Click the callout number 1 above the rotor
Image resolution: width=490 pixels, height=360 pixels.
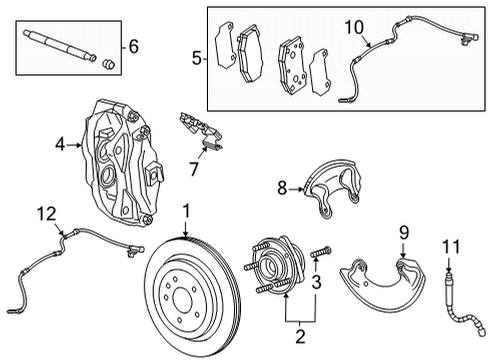(186, 212)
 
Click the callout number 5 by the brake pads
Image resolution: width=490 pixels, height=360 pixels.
(197, 58)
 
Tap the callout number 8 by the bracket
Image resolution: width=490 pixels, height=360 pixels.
(282, 186)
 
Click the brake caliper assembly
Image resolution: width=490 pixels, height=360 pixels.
(125, 160)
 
